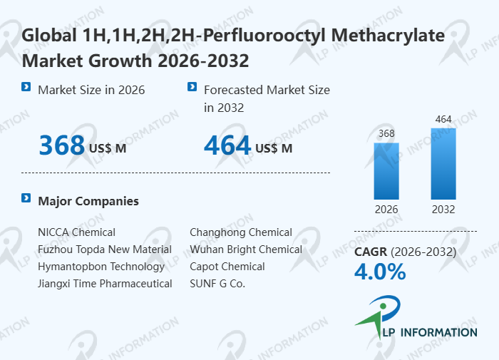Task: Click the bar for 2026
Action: point(386,171)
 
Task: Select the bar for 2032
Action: point(443,164)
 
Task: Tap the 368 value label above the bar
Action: point(386,133)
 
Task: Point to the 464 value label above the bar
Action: point(443,119)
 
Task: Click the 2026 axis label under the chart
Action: point(386,210)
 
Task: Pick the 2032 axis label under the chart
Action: point(443,210)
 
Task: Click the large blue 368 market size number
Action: point(62,145)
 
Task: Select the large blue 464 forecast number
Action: point(227,145)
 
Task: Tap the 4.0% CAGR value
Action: point(380,272)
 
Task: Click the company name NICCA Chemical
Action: point(76,232)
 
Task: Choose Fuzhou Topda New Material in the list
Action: point(105,250)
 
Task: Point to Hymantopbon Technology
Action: point(101,267)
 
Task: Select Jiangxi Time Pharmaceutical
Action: point(105,284)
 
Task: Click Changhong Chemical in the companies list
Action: point(241,232)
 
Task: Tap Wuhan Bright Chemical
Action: point(246,250)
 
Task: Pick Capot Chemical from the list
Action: point(227,267)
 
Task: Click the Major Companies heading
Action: point(88,201)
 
